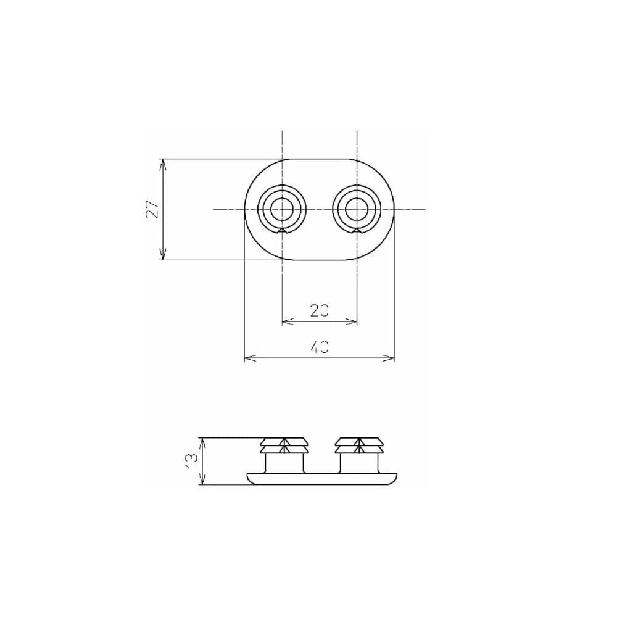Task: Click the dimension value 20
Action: coord(319,310)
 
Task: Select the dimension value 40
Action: coord(319,347)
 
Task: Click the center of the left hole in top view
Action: coord(282,209)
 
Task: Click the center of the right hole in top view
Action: coord(356,209)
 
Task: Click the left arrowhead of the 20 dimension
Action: coord(286,321)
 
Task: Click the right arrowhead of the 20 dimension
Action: coord(353,321)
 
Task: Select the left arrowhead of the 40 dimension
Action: coord(249,358)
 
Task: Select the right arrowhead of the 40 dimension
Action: coord(390,358)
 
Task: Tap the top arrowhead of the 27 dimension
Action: coord(163,164)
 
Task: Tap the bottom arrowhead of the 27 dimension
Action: coord(163,255)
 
